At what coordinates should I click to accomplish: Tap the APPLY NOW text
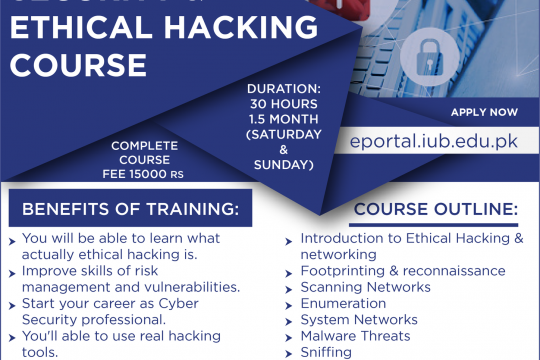[x=485, y=112]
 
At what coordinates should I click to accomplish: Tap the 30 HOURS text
[x=283, y=102]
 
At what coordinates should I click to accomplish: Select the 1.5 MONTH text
[x=283, y=117]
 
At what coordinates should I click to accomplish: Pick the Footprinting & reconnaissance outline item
[x=403, y=271]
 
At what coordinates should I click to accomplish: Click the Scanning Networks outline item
[x=365, y=287]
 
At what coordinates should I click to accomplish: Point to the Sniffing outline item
[x=326, y=351]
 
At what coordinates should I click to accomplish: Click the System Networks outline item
[x=359, y=319]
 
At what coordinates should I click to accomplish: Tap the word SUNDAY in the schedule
[x=283, y=164]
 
